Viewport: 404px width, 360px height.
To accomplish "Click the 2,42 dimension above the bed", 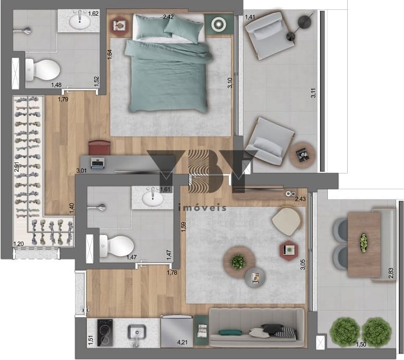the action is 168,17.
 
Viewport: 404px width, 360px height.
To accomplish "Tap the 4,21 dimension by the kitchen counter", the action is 182,342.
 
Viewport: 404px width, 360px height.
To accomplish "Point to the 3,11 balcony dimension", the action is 313,93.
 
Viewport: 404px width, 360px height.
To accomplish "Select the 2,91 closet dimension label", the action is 17,167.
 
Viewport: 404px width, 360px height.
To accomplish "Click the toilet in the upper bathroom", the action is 43,69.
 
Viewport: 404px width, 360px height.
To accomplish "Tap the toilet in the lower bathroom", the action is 117,246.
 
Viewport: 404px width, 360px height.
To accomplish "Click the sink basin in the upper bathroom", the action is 80,22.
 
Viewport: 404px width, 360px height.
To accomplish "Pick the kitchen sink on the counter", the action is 137,332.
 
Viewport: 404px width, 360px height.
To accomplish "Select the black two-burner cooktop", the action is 105,333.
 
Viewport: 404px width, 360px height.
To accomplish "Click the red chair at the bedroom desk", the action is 100,147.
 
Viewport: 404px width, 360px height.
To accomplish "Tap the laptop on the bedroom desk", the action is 97,163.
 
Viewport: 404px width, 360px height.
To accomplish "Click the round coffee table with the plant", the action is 239,262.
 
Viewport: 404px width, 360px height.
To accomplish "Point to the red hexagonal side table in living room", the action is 289,250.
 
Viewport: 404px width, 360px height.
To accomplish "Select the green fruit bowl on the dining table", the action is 363,243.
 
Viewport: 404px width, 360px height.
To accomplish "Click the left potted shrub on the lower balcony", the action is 345,332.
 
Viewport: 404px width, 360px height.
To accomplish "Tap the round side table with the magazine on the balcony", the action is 302,155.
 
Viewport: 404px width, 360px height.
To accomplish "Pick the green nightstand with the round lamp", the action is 219,24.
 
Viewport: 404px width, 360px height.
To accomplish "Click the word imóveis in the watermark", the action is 202,208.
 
